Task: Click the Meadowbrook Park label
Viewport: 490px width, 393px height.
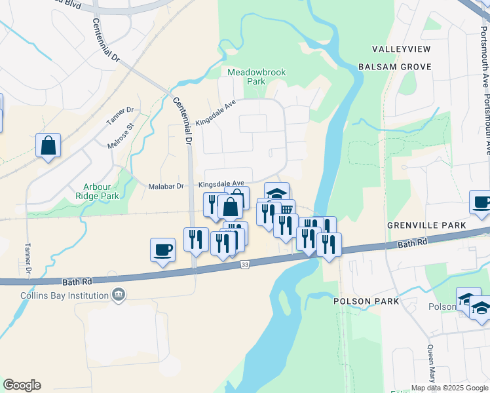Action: click(x=247, y=77)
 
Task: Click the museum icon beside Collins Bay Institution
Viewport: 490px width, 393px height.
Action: click(x=118, y=295)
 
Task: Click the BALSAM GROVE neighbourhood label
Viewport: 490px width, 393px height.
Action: click(x=394, y=67)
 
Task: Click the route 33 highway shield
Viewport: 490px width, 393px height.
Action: click(x=245, y=264)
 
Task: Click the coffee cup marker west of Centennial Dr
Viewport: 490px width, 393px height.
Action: click(x=162, y=249)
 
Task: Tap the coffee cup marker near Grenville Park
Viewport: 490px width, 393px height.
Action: click(x=481, y=202)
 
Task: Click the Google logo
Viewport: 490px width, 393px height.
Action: click(x=22, y=385)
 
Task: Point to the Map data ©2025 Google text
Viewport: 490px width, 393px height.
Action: click(x=449, y=388)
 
